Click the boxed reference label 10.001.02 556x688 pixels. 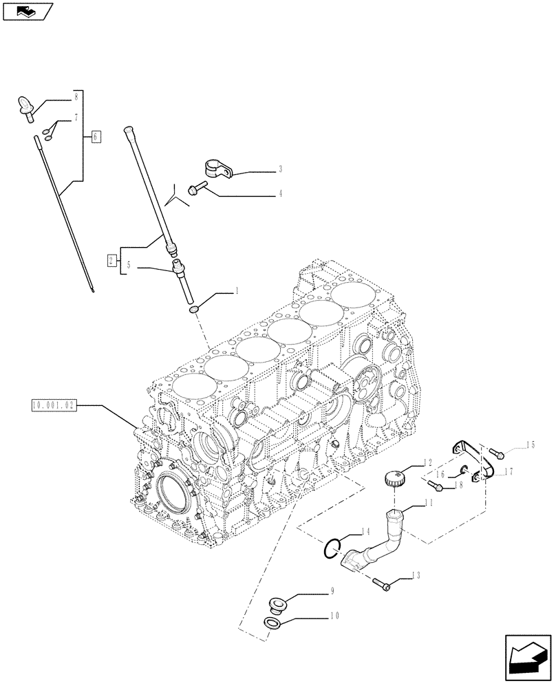coord(54,406)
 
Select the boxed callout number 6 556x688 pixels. coord(96,136)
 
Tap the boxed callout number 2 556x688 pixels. coord(111,259)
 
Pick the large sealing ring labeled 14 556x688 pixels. coord(332,548)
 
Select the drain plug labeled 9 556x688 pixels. coord(277,605)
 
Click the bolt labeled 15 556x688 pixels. coord(499,454)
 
